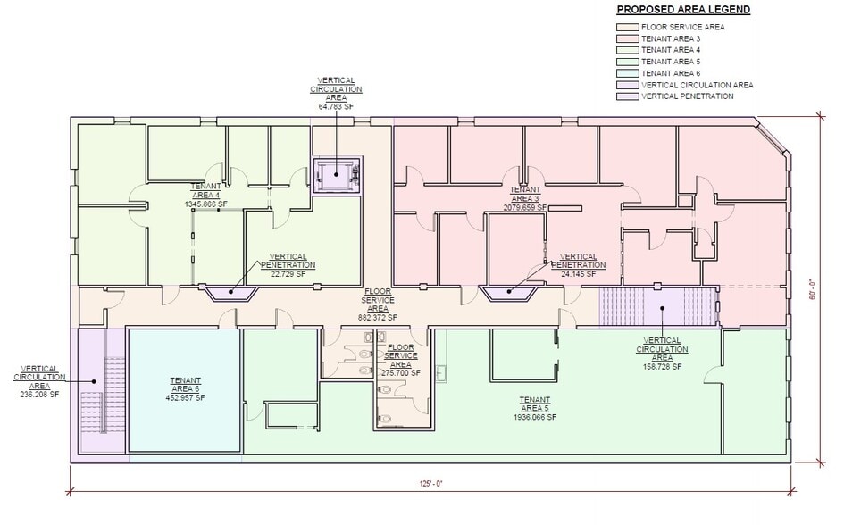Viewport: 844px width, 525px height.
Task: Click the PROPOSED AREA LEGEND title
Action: pyautogui.click(x=683, y=10)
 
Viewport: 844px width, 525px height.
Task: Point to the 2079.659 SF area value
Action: pyautogui.click(x=525, y=207)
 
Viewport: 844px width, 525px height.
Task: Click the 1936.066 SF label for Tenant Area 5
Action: pyautogui.click(x=534, y=417)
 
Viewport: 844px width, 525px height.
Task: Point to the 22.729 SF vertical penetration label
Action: pyautogui.click(x=288, y=274)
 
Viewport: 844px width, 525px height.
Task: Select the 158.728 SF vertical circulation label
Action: pyautogui.click(x=661, y=367)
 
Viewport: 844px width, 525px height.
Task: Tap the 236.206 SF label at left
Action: pyautogui.click(x=40, y=394)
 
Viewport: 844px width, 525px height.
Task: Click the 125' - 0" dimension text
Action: pyautogui.click(x=429, y=483)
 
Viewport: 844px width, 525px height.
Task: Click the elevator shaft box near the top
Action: pyautogui.click(x=335, y=172)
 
